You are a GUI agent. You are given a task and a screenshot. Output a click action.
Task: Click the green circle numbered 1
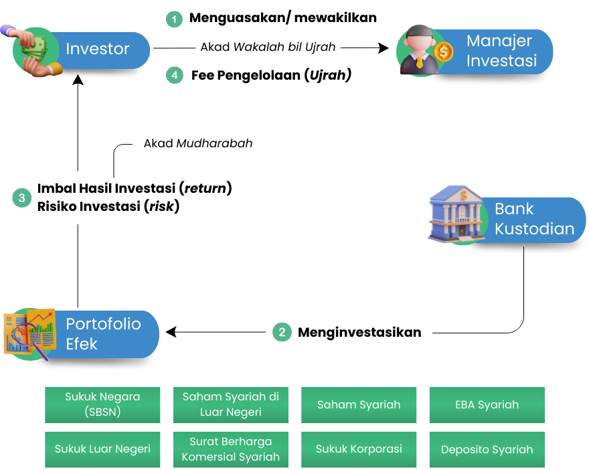[174, 19]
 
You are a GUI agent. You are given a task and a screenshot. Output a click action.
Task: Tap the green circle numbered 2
[282, 332]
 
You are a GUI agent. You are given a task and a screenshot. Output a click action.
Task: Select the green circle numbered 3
[22, 198]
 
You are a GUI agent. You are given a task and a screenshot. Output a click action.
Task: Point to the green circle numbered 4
[174, 75]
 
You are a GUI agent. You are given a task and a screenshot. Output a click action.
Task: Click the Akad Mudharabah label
[199, 143]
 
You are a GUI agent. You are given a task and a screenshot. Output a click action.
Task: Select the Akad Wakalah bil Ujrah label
[268, 47]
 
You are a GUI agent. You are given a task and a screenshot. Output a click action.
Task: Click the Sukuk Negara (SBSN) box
[102, 404]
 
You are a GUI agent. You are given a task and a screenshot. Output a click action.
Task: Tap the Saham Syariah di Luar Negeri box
[230, 404]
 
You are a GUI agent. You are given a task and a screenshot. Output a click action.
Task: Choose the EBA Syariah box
[487, 404]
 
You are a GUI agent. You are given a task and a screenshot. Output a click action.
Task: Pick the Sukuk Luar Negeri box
[102, 449]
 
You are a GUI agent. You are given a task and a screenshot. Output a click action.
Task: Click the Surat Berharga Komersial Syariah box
[230, 449]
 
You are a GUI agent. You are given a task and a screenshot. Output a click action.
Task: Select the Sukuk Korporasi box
[359, 449]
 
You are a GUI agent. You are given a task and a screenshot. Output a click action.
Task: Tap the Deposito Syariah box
[487, 449]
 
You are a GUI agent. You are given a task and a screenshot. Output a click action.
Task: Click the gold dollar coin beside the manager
[442, 51]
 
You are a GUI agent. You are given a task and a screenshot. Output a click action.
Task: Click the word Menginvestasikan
[359, 332]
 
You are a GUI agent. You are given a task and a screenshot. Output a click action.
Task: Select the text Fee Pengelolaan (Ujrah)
[271, 75]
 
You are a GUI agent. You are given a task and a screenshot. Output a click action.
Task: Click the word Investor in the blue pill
[97, 49]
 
